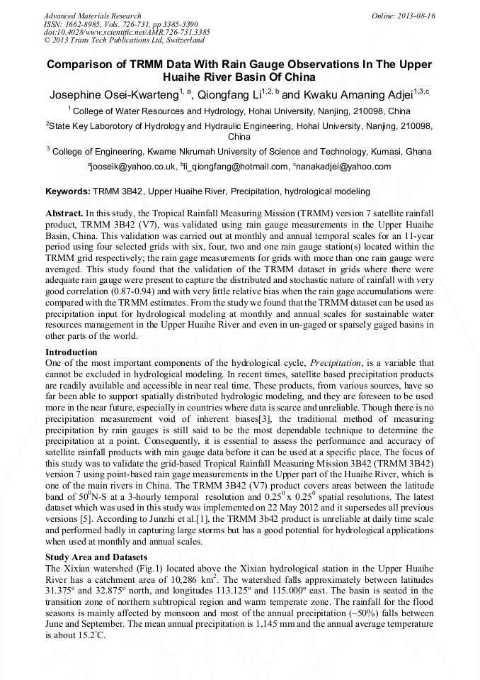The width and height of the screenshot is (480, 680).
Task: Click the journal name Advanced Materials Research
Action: [92, 16]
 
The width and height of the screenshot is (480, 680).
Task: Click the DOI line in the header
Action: [127, 32]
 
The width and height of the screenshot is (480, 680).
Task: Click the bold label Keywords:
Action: [68, 191]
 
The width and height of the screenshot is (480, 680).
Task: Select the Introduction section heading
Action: [71, 352]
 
